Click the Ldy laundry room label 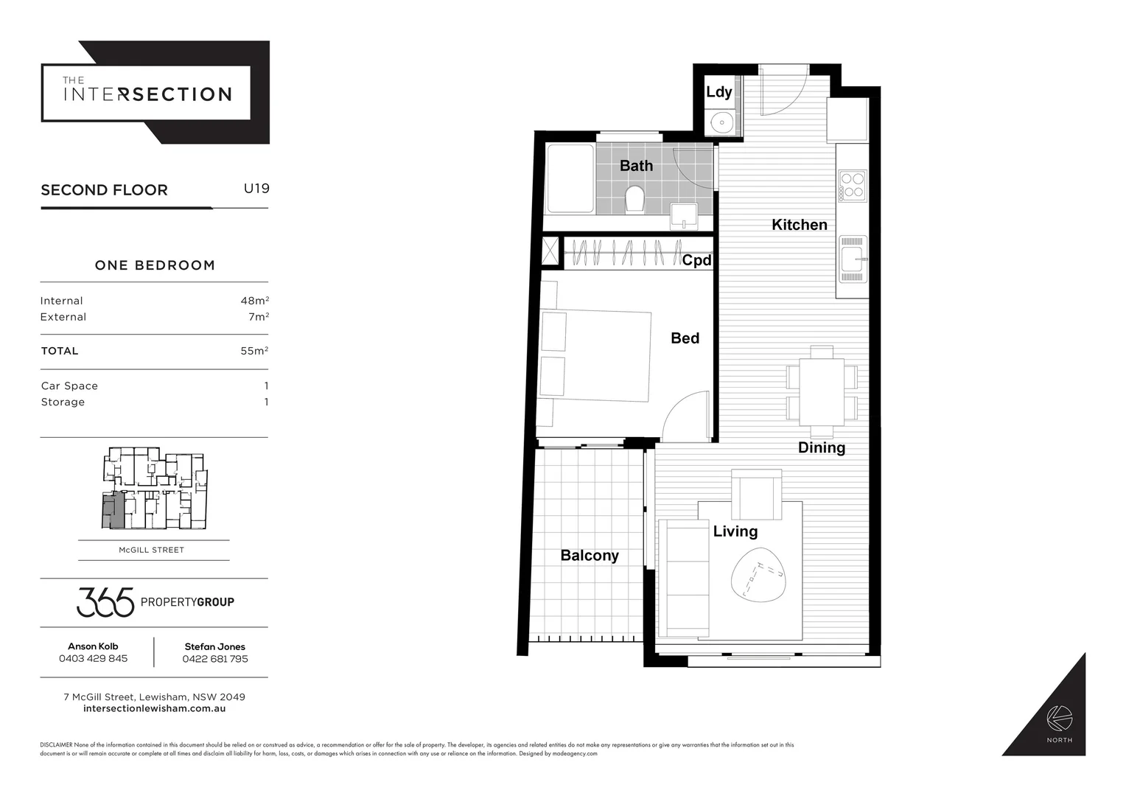[x=718, y=92]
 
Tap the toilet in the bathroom [x=634, y=198]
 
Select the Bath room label [x=636, y=166]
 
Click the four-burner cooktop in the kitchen [x=853, y=186]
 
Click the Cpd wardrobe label [x=696, y=260]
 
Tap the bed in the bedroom [x=597, y=356]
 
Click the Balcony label [x=590, y=556]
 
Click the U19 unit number [x=256, y=189]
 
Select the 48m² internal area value [x=254, y=301]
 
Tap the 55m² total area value [x=254, y=351]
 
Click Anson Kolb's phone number [x=93, y=659]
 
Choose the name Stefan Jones [x=214, y=646]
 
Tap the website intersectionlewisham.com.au [x=155, y=709]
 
